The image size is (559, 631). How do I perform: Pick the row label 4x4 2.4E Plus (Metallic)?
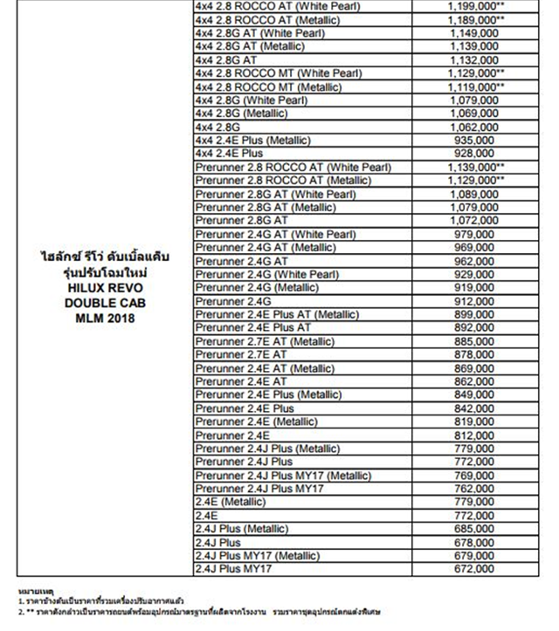click(x=253, y=140)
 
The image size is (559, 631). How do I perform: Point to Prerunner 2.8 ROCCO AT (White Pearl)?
click(x=293, y=167)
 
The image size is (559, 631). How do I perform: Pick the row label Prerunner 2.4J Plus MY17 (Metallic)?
click(x=284, y=476)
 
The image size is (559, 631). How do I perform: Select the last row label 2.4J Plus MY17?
click(x=235, y=569)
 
